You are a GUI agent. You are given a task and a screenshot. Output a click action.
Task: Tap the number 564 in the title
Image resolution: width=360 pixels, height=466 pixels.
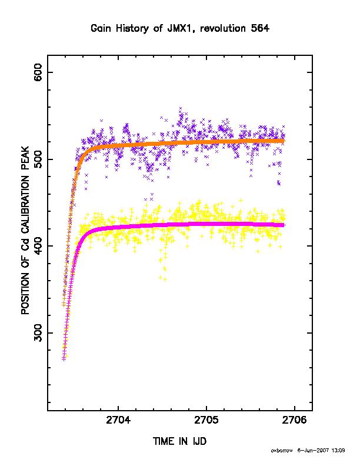click(260, 28)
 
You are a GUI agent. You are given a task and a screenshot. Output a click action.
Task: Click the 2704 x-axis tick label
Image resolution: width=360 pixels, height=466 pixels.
click(118, 420)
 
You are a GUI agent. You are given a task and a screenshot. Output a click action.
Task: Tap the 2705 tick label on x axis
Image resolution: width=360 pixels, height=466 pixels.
click(206, 420)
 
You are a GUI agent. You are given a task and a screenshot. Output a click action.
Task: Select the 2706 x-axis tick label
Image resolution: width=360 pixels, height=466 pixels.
click(294, 420)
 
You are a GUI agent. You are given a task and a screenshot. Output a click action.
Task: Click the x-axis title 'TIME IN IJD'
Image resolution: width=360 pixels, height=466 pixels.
click(179, 441)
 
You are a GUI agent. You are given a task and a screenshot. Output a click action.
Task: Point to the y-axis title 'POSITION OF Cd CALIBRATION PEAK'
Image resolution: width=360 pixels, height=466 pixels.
click(25, 231)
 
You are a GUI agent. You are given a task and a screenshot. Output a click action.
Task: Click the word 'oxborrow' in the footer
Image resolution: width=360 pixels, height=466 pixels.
click(282, 451)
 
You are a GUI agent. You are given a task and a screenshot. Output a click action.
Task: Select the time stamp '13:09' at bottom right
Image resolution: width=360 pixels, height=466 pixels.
click(338, 451)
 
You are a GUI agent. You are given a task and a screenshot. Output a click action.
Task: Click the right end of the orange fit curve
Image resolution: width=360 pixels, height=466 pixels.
click(284, 141)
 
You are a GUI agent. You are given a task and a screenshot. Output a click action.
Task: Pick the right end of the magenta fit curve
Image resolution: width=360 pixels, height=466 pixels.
click(284, 225)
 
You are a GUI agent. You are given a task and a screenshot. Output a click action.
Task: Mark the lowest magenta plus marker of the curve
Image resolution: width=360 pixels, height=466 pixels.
click(64, 359)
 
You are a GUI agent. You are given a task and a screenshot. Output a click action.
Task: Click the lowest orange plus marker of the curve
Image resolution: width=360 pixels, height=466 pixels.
click(64, 304)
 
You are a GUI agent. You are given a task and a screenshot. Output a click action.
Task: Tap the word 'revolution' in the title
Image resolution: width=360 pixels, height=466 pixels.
click(222, 28)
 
